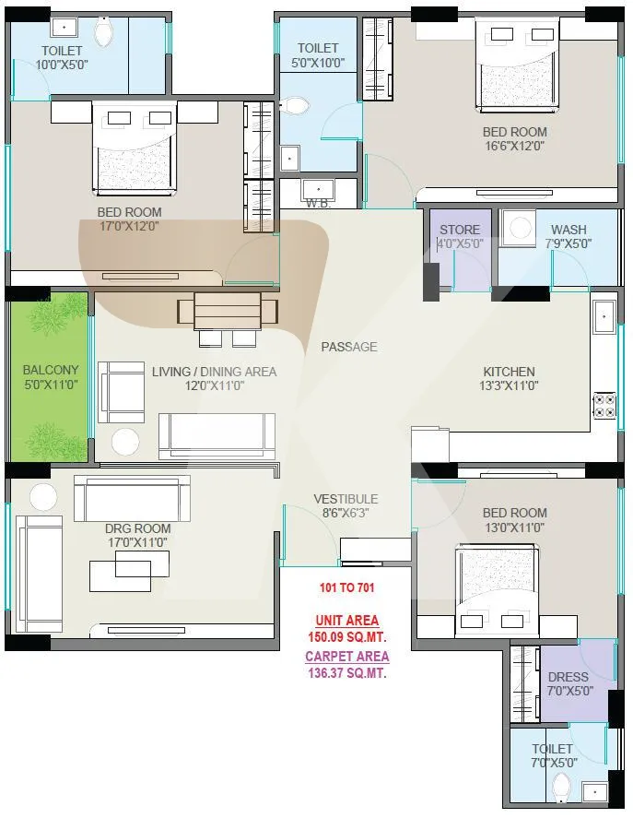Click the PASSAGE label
click(349, 347)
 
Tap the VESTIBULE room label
click(346, 499)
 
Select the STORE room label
click(460, 230)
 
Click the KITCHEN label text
click(509, 372)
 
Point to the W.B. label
click(318, 204)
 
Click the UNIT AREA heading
click(347, 621)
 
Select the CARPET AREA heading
click(347, 657)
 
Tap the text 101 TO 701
click(346, 587)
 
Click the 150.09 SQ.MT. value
click(347, 637)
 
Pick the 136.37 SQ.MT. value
click(347, 673)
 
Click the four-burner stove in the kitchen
click(604, 406)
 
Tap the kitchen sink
click(604, 316)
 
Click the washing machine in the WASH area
click(519, 228)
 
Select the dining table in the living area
click(228, 311)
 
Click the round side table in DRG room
click(43, 497)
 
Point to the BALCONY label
click(51, 370)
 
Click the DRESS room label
click(568, 677)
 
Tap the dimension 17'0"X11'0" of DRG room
click(137, 542)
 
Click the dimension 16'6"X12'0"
click(515, 146)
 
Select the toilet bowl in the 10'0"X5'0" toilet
click(104, 32)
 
